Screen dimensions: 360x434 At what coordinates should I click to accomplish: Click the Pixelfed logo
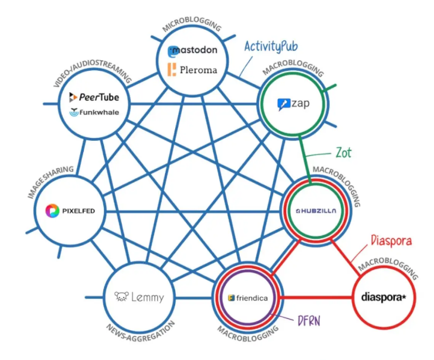point(70,211)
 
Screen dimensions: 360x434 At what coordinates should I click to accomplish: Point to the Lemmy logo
point(139,297)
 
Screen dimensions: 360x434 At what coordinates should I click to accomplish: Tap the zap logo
point(293,105)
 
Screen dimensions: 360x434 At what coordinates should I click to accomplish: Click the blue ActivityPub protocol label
point(271,46)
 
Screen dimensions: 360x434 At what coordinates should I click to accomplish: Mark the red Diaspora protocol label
point(391,241)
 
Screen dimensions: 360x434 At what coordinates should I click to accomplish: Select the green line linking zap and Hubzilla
point(305,155)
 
